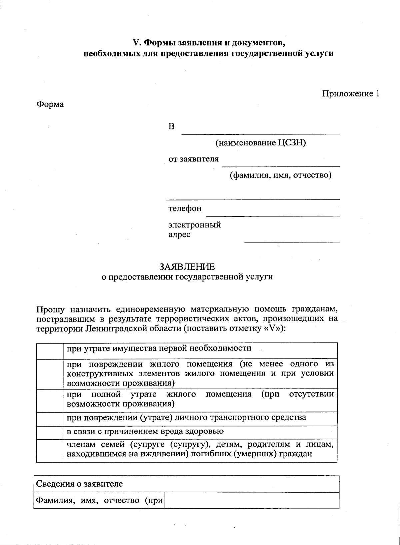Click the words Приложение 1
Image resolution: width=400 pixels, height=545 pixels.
click(x=350, y=94)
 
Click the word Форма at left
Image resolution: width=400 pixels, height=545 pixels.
click(x=50, y=104)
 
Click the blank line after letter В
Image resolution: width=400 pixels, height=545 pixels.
click(x=260, y=132)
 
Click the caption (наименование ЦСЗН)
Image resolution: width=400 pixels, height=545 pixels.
click(x=260, y=143)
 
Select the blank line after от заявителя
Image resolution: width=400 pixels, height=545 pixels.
click(x=281, y=164)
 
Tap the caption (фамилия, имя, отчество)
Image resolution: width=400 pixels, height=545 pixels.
click(x=281, y=175)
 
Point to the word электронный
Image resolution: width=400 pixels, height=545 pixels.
click(x=194, y=225)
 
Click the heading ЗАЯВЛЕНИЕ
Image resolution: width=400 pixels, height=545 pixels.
click(x=187, y=267)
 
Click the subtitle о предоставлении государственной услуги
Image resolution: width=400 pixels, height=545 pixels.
click(x=187, y=277)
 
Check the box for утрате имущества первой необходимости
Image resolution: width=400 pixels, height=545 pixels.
click(x=50, y=351)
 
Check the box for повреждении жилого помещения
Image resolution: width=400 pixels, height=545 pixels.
click(x=50, y=374)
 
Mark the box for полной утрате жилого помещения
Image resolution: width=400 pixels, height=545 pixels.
click(x=50, y=400)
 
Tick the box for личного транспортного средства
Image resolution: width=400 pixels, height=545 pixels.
click(x=50, y=419)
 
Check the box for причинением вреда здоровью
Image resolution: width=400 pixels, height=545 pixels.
click(x=50, y=433)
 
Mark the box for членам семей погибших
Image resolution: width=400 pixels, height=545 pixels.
click(x=50, y=451)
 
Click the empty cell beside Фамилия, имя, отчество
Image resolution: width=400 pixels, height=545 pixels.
click(x=252, y=500)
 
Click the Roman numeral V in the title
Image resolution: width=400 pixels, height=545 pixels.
click(x=135, y=43)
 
